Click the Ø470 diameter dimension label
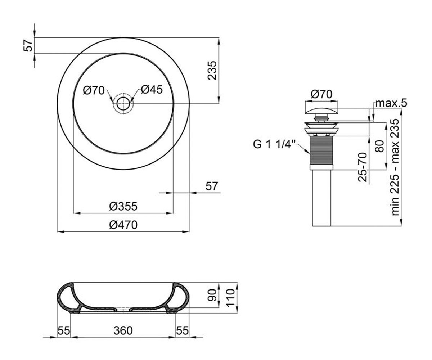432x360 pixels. [123, 225]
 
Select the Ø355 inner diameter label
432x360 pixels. [123, 206]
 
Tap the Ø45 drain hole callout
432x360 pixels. [152, 90]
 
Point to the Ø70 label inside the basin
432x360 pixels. [94, 90]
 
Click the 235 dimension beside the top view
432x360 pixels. [212, 70]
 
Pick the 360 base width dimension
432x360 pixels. [123, 330]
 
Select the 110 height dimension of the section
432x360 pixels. [231, 297]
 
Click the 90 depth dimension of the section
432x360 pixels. [212, 295]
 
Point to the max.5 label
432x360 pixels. [391, 103]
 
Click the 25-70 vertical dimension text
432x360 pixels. [362, 167]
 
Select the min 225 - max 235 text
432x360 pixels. [395, 167]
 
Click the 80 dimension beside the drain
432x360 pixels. [380, 146]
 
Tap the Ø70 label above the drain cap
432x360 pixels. [321, 94]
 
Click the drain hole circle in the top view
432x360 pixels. [123, 103]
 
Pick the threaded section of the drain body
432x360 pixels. [321, 150]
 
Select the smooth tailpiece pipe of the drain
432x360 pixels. [321, 198]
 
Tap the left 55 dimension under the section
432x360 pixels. [64, 330]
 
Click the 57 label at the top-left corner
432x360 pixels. [28, 45]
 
